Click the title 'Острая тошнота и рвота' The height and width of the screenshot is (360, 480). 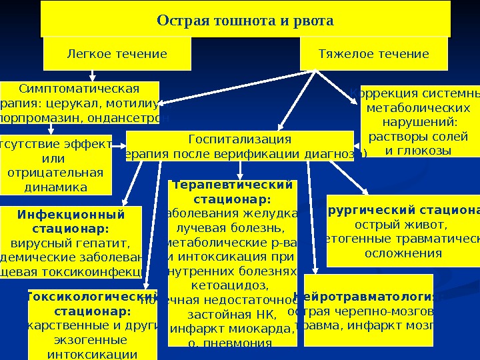coord(245,21)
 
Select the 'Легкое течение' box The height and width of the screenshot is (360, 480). coord(117,54)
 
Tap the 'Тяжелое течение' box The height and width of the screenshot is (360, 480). coord(373,54)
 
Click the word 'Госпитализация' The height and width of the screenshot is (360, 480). coord(240,139)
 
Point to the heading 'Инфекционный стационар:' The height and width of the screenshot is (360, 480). coord(71,221)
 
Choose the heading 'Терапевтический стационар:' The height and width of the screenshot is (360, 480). coord(232,191)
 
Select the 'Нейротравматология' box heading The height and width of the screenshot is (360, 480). coord(369,297)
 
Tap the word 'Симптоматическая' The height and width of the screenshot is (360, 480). coord(79,89)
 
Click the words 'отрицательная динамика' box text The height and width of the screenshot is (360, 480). coord(55,180)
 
